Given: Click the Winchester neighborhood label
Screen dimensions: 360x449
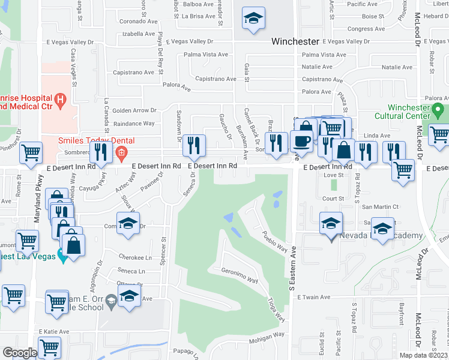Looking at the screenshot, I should point(295,41).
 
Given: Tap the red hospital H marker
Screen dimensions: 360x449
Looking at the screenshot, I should point(60,98).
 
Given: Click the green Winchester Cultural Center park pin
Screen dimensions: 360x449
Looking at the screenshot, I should point(438,110).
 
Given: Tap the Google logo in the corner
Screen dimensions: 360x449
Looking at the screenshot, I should point(20,352).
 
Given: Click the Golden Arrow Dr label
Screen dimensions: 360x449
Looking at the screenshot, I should point(134,110).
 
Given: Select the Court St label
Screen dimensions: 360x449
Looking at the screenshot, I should point(333,199).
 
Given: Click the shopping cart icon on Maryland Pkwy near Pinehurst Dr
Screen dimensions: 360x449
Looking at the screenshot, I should point(30,152).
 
